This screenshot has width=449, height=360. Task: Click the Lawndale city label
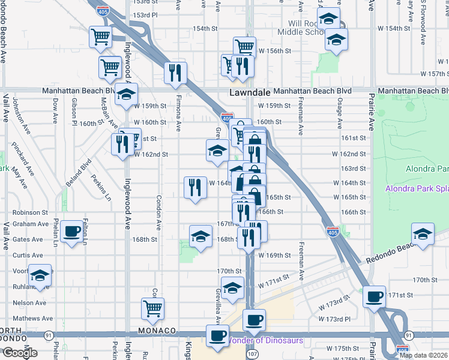pos(249,93)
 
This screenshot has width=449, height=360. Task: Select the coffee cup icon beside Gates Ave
pos(72,231)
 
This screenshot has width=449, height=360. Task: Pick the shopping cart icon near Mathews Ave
pos(152,308)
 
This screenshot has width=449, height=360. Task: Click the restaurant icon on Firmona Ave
pos(175,73)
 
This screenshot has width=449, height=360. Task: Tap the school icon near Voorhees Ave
pos(40,275)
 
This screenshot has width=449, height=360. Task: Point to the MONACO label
pos(156,331)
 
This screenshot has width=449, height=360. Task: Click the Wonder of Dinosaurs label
pos(264,341)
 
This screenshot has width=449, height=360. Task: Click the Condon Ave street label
pos(159,213)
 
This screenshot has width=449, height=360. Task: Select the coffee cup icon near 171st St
pos(375,295)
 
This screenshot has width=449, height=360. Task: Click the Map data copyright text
pos(423,355)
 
